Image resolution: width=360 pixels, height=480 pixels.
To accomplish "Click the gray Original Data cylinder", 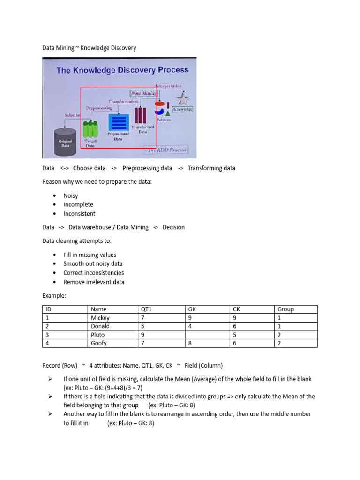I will pyautogui.click(x=65, y=138).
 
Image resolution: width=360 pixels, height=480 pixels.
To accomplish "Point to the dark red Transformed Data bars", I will pyautogui.click(x=141, y=115).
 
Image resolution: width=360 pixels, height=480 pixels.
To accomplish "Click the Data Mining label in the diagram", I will pyautogui.click(x=143, y=93).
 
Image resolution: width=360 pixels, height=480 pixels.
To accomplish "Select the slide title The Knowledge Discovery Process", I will pyautogui.click(x=122, y=70).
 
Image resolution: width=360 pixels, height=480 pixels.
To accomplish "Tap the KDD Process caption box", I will pyautogui.click(x=165, y=150).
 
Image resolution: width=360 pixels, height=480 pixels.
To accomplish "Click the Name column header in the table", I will pyautogui.click(x=99, y=309).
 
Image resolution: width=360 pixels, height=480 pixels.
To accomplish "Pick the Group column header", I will pyautogui.click(x=285, y=309).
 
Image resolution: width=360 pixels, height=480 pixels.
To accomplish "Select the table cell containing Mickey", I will pyautogui.click(x=100, y=318).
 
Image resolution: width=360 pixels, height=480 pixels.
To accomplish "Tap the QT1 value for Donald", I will pyautogui.click(x=143, y=326).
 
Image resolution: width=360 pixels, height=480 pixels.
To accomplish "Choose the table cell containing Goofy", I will pyautogui.click(x=99, y=343).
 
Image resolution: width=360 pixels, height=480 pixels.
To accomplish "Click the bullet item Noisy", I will pyautogui.click(x=71, y=196).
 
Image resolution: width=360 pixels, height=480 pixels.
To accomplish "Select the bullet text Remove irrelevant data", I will pyautogui.click(x=94, y=282).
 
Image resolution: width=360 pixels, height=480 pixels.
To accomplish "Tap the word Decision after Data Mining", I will pyautogui.click(x=173, y=227).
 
